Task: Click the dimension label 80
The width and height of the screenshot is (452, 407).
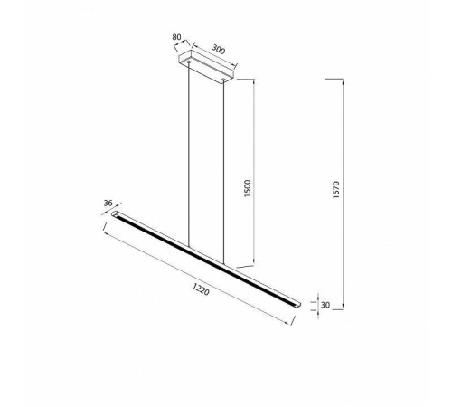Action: pyautogui.click(x=176, y=37)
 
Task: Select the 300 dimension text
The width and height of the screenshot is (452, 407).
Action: pyautogui.click(x=218, y=50)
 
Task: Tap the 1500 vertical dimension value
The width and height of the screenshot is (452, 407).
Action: pyautogui.click(x=247, y=188)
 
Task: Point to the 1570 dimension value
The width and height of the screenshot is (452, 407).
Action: pyautogui.click(x=336, y=190)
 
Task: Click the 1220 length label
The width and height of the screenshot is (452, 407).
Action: pyautogui.click(x=201, y=289)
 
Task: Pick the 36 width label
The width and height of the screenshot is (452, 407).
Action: pyautogui.click(x=108, y=203)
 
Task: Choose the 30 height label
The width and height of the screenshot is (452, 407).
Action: pyautogui.click(x=325, y=305)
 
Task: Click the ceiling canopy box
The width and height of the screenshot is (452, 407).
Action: pyautogui.click(x=207, y=66)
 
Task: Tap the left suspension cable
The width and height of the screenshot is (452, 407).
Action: pyautogui.click(x=189, y=155)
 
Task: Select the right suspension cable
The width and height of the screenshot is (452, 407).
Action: pyautogui.click(x=223, y=172)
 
